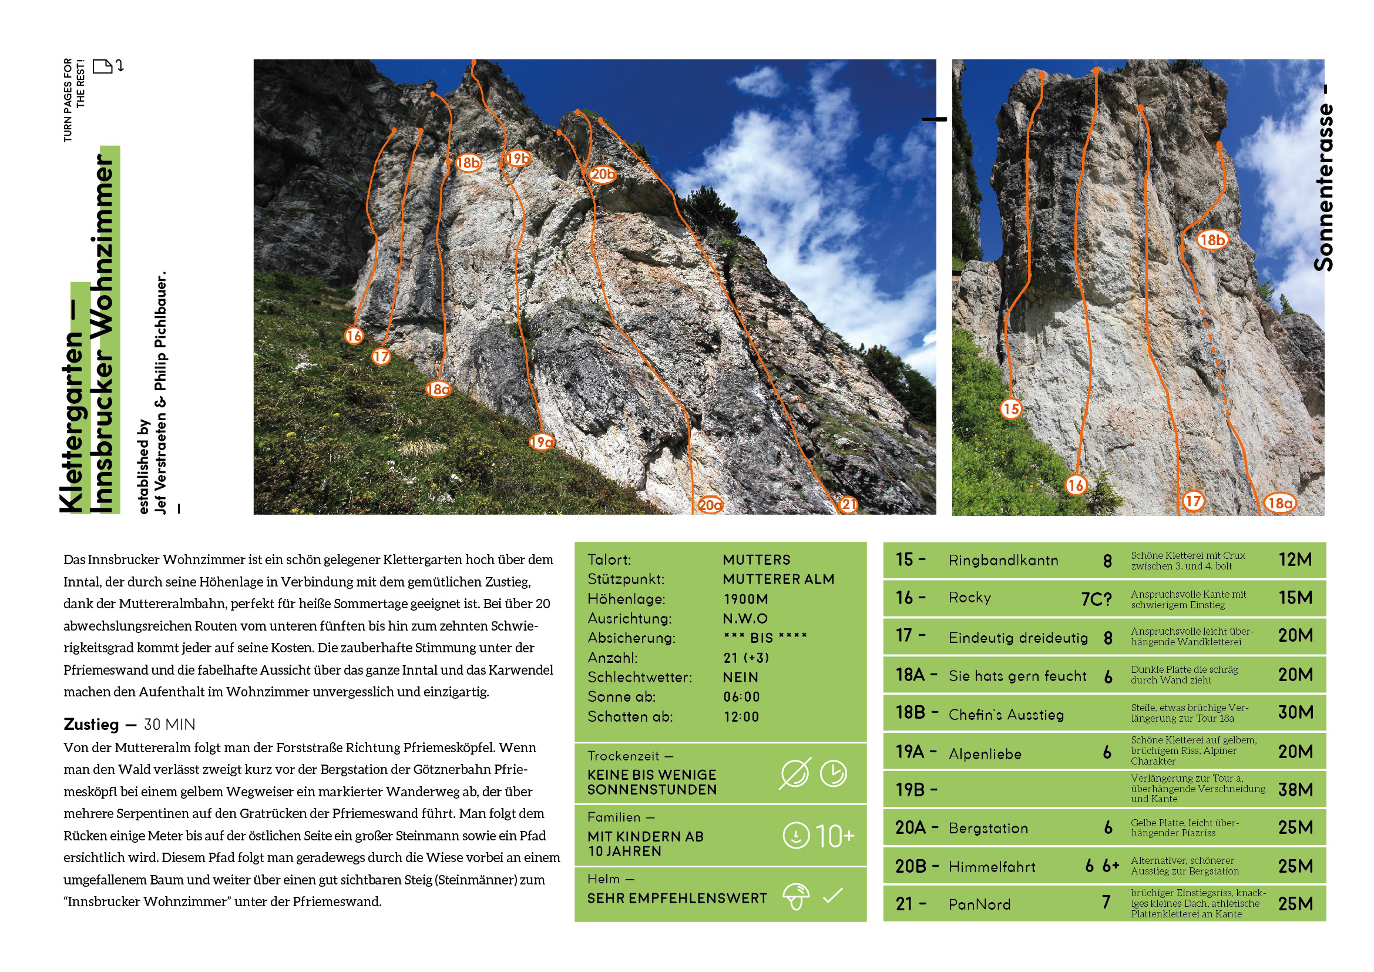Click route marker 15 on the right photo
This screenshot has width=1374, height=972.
pyautogui.click(x=1011, y=410)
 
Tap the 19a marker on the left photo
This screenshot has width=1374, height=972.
pyautogui.click(x=541, y=443)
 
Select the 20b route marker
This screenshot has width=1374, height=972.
pyautogui.click(x=602, y=174)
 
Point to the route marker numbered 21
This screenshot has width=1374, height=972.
pyautogui.click(x=848, y=505)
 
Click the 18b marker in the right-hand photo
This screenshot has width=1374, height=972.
pyautogui.click(x=1212, y=240)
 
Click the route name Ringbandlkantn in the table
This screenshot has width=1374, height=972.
pyautogui.click(x=1003, y=561)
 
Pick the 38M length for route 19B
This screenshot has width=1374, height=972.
pyautogui.click(x=1295, y=790)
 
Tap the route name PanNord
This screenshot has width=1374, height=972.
pyautogui.click(x=979, y=904)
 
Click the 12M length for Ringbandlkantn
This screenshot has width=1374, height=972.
pyautogui.click(x=1295, y=560)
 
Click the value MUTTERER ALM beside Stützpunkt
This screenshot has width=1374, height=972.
pyautogui.click(x=778, y=579)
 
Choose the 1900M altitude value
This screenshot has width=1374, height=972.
pyautogui.click(x=745, y=599)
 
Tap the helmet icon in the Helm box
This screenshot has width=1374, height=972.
pyautogui.click(x=795, y=896)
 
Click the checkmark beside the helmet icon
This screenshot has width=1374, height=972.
pyautogui.click(x=832, y=896)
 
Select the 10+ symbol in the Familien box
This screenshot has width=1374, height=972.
pyautogui.click(x=835, y=836)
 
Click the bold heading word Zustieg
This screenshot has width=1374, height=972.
pyautogui.click(x=91, y=725)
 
